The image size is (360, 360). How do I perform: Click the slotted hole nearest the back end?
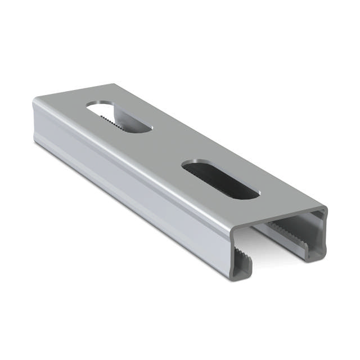tap(119, 117)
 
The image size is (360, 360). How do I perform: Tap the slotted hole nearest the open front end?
tap(220, 179)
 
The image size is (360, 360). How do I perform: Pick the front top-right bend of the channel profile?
tap(323, 211)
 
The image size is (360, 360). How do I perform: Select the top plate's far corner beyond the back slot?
tap(115, 85)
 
